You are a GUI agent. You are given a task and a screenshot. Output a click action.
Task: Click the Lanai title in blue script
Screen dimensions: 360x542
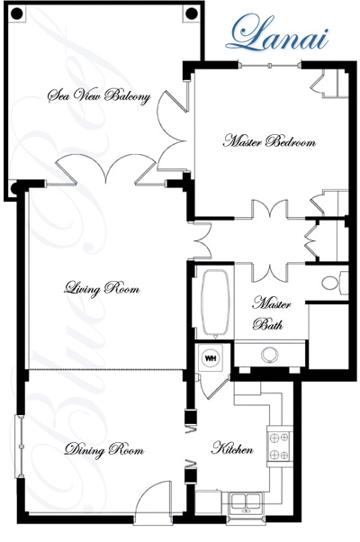(x=277, y=33)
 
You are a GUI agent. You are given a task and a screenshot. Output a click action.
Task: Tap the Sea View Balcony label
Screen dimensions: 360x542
(x=99, y=95)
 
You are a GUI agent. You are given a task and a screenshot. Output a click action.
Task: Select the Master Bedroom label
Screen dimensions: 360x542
(x=269, y=141)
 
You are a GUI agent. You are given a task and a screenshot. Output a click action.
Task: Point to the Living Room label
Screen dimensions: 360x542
(x=102, y=289)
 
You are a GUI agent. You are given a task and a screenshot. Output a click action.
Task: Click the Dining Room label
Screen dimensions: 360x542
(x=104, y=449)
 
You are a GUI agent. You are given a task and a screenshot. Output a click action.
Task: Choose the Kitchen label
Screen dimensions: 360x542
(x=232, y=448)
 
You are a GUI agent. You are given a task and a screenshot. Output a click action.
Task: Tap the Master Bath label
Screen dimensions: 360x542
(x=271, y=312)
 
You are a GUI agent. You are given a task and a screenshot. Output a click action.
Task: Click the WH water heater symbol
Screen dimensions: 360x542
(x=211, y=357)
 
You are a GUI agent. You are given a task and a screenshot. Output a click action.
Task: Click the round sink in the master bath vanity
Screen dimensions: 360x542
(x=270, y=355)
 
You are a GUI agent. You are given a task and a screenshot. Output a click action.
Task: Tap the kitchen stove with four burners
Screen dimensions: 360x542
(x=279, y=446)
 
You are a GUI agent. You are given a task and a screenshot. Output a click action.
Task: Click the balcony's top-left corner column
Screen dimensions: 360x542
(x=17, y=14)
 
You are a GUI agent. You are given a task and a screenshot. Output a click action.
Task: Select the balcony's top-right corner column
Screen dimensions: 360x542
(x=191, y=14)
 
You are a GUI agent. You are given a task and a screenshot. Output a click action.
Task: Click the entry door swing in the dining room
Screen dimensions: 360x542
(x=153, y=502)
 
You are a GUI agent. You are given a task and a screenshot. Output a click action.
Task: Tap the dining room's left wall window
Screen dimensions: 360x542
(x=20, y=447)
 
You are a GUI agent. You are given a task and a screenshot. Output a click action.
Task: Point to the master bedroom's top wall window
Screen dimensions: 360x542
(x=269, y=65)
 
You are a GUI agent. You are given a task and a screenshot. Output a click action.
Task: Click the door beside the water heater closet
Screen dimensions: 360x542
(x=212, y=386)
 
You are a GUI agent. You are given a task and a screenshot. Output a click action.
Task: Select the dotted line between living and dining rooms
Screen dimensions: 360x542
(x=105, y=369)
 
